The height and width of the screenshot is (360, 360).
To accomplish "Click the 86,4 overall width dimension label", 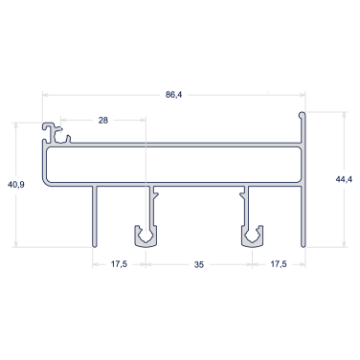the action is [173, 95].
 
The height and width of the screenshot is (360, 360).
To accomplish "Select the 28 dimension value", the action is [103, 121].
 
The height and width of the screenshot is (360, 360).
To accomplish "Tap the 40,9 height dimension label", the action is [16, 185].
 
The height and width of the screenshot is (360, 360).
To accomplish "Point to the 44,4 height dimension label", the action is [344, 179].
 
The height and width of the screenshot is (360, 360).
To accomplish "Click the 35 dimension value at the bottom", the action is [199, 264].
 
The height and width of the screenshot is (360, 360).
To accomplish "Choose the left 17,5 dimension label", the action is [119, 264].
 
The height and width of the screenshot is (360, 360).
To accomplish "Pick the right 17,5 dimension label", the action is [279, 264].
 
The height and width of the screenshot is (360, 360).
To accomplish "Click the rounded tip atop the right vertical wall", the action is [302, 114].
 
